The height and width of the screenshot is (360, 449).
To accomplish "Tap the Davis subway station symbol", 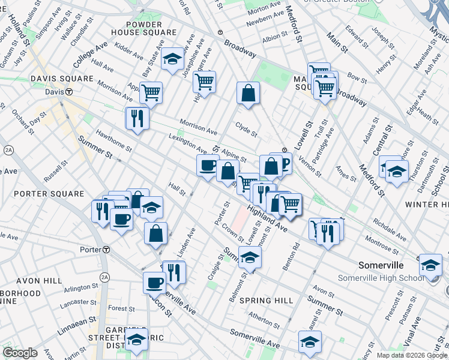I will [70, 92].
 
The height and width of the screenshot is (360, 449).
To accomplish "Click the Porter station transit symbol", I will [106, 250].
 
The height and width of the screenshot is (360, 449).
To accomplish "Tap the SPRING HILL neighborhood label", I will [266, 301].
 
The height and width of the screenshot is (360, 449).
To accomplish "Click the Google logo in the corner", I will [20, 353].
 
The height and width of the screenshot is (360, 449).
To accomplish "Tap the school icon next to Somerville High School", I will [430, 265].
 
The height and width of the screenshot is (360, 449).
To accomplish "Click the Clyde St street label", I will [246, 130].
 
